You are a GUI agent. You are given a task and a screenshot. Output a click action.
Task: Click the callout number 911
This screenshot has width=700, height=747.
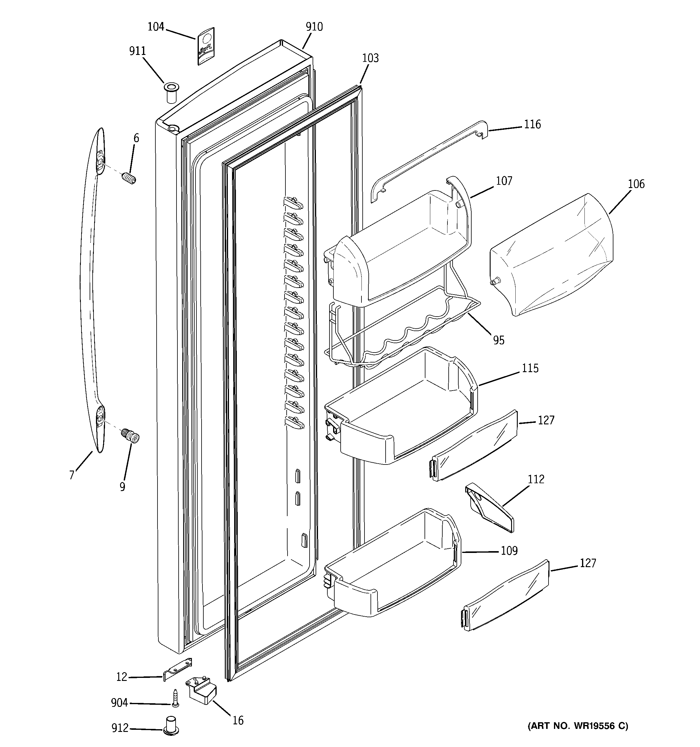(x=138, y=51)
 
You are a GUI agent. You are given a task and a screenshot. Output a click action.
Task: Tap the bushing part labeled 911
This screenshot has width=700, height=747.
(x=171, y=92)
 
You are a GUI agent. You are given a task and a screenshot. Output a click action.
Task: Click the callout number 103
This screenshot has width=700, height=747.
(x=370, y=58)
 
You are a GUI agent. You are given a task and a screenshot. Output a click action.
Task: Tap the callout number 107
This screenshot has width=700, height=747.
(x=504, y=181)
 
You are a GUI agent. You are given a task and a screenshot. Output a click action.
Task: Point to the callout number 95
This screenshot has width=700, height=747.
(x=499, y=340)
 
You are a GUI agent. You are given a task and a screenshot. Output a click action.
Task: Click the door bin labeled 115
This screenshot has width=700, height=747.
(x=402, y=410)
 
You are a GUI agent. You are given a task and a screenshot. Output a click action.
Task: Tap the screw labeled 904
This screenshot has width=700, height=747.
(x=175, y=698)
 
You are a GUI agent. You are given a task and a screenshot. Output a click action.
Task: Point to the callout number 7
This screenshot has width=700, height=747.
(x=72, y=475)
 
